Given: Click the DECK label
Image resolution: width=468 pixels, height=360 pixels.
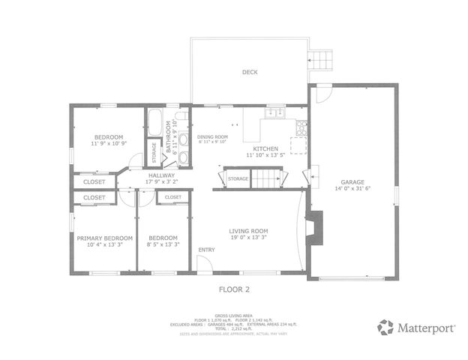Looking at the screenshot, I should coord(250,73).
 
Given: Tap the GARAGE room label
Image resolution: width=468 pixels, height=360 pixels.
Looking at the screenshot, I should coord(352,181).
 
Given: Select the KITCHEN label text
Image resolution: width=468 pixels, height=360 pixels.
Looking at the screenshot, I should coord(265,149).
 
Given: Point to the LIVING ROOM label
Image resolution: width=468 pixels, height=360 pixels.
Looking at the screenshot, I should coord(248,231).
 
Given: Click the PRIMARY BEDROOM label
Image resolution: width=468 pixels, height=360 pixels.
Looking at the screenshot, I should coord(105,238).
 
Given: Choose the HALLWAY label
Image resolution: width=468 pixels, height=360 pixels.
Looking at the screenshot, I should coord(161,175).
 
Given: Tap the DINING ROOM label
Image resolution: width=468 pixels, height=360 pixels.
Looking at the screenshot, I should coord(212,137).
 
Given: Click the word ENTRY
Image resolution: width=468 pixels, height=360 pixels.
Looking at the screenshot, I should coord(205,250).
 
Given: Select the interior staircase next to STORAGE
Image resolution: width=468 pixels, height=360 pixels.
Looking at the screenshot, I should coord(267,178).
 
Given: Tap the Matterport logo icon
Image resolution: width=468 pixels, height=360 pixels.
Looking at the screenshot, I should coord(385,327).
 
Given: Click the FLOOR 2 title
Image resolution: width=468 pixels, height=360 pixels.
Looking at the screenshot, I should coord(234,287).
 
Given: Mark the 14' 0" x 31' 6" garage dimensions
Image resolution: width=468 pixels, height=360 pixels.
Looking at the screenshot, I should coord(352,188).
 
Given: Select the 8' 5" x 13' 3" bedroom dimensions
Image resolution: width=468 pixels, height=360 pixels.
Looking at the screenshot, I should coord(162,244).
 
